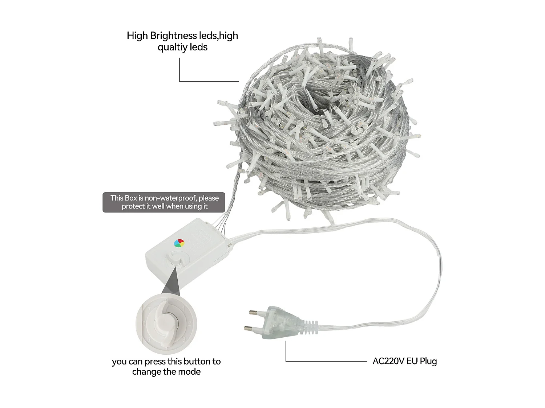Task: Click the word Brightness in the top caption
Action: coord(173,36)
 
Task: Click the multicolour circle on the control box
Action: coord(179,243)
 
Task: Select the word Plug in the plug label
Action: coord(428,361)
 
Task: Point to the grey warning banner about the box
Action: coord(164,202)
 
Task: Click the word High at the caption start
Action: coord(137,36)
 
